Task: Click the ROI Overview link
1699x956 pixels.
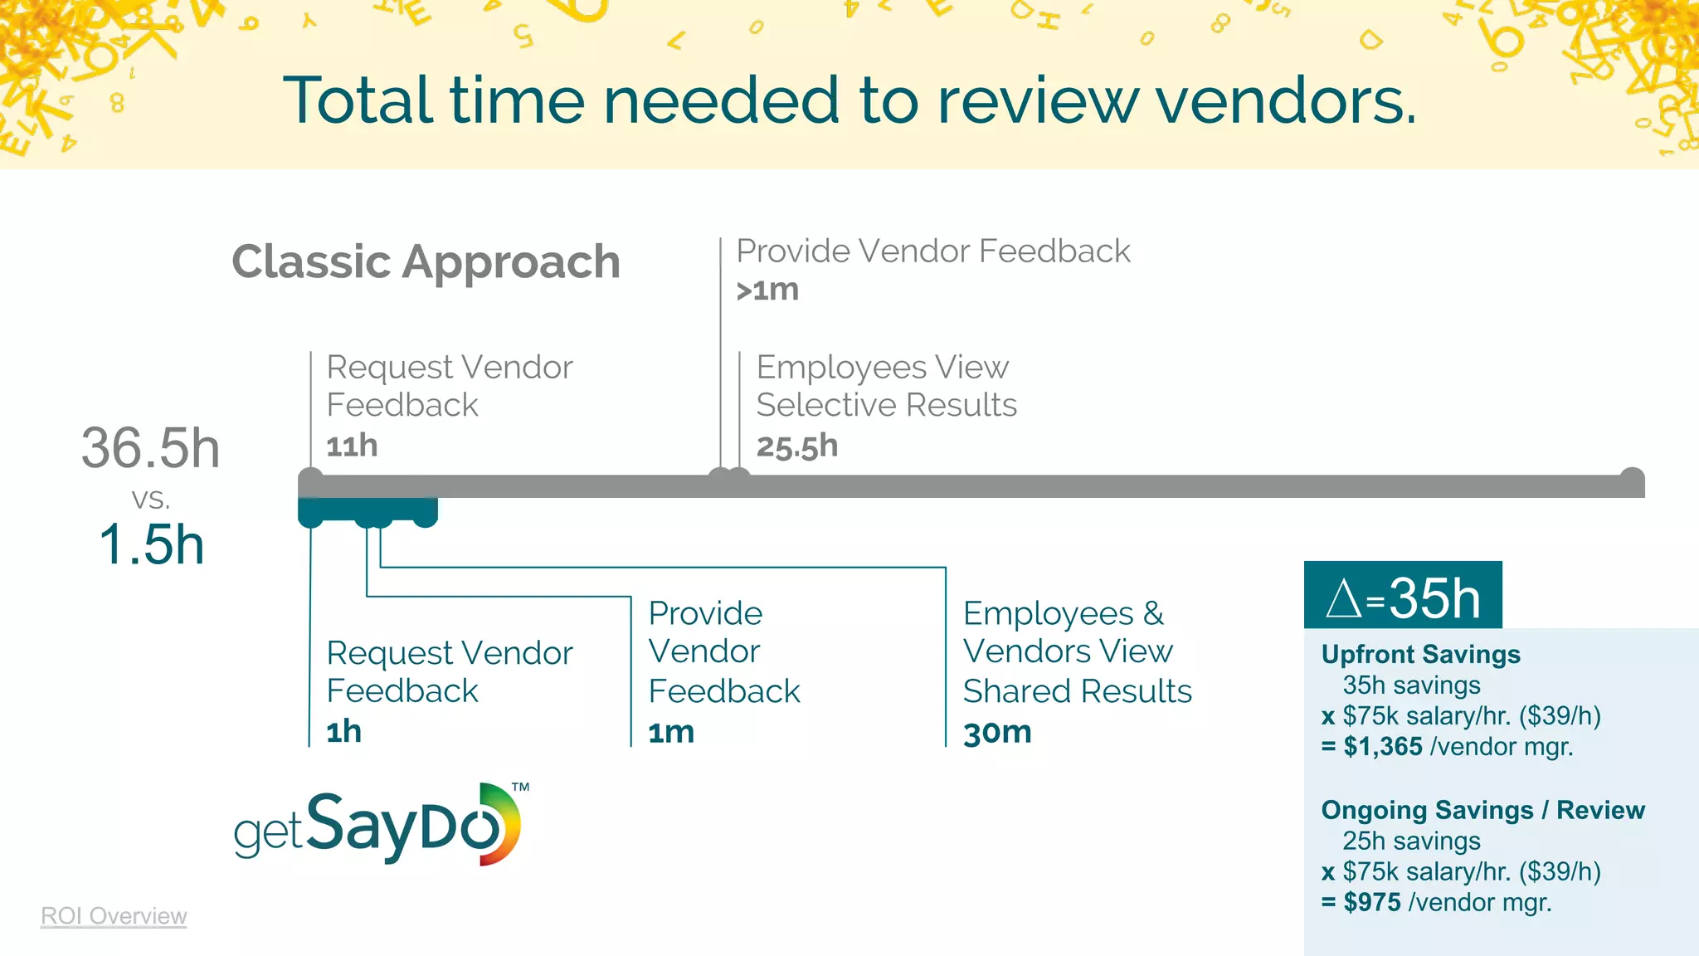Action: [x=114, y=916]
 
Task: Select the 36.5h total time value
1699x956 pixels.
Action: [x=150, y=448]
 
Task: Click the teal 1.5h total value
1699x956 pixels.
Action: [x=151, y=545]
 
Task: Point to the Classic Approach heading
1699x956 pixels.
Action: [x=426, y=262]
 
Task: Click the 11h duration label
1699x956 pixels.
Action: [x=352, y=446]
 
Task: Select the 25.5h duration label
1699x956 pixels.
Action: [x=796, y=446]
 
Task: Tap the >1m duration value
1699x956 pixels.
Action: [x=767, y=290]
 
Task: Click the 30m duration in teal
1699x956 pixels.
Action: [x=997, y=733]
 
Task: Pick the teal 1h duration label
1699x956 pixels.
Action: [x=343, y=732]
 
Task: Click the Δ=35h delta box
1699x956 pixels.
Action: [x=1403, y=596]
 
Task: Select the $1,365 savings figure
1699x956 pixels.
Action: [x=1383, y=747]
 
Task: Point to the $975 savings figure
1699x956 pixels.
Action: [x=1372, y=903]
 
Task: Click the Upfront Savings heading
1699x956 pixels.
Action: [x=1420, y=655]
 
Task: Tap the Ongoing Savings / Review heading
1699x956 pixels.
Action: [x=1482, y=811]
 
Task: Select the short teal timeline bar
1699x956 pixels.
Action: [x=368, y=509]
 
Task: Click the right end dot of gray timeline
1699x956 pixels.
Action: [x=1632, y=479]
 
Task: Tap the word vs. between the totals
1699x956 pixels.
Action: [x=150, y=499]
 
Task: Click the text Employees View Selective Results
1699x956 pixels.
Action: [x=886, y=386]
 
